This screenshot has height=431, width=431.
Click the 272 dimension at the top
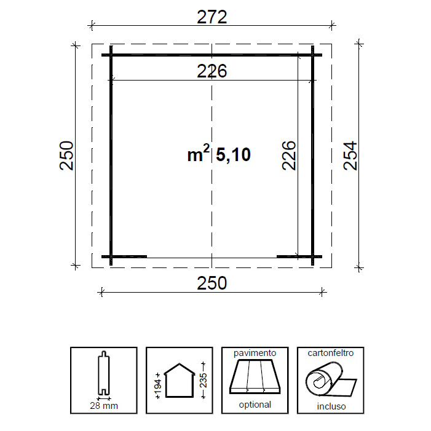pos(212,17)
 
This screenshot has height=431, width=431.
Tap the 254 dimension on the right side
pos(350,156)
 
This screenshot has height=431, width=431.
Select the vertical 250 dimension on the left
pos(66,156)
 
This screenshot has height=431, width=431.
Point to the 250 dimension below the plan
pos(212,283)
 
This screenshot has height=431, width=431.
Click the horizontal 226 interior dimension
pos(212,71)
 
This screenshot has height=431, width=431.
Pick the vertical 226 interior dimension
pos(289,156)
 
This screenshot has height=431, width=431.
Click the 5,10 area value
pos(233,154)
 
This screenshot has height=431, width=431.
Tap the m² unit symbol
pos(199,153)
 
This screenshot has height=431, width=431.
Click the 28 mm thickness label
pos(104,406)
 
